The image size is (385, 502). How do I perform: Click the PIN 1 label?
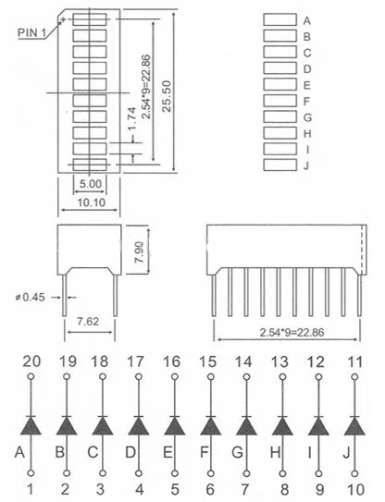31,32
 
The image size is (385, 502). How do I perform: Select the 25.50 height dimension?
167,96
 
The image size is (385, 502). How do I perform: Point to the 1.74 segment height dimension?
131,119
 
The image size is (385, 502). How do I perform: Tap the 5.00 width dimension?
91,184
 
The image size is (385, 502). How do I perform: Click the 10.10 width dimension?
92,202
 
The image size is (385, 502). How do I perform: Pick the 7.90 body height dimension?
139,251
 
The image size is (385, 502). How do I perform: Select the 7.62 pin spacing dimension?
88,321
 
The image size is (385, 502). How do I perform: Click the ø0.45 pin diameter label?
30,298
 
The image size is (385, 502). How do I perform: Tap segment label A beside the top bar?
306,21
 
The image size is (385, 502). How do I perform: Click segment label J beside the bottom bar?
306,165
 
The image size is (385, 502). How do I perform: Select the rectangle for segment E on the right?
279,84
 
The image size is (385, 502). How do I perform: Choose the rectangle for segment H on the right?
279,133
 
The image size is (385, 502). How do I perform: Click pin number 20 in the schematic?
31,361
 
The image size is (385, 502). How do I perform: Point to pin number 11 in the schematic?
354,361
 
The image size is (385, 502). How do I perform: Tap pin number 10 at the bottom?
355,489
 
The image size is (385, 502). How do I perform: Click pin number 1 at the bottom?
30,489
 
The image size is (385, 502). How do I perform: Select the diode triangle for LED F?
211,426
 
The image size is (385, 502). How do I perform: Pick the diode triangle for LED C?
102,426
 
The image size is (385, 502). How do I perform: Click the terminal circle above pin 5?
175,472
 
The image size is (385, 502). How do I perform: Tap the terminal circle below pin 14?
246,377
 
